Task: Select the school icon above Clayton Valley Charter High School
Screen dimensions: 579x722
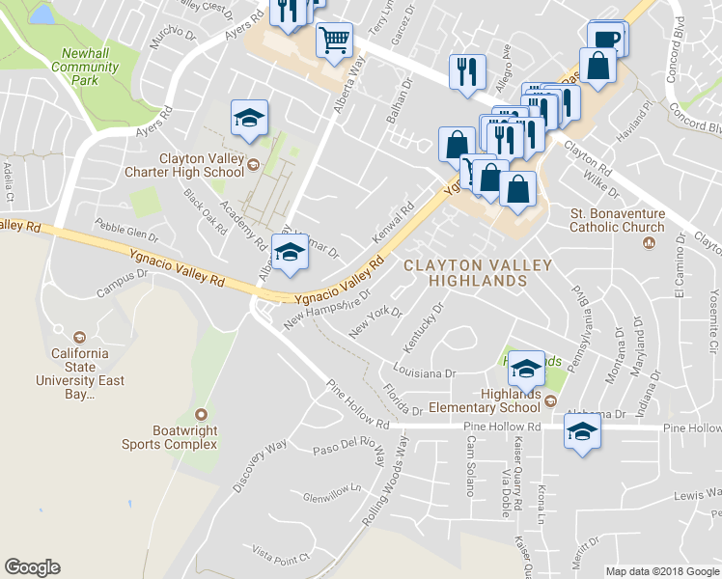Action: pyautogui.click(x=249, y=119)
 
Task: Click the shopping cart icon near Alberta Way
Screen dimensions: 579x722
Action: pyautogui.click(x=334, y=42)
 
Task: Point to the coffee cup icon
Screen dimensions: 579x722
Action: pyautogui.click(x=604, y=39)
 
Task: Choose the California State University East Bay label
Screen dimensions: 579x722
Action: pyautogui.click(x=81, y=366)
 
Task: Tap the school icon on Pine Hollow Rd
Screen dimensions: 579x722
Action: pyautogui.click(x=583, y=434)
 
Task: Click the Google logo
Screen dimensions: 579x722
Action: pyautogui.click(x=32, y=567)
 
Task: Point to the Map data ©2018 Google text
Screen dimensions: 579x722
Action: pyautogui.click(x=661, y=571)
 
